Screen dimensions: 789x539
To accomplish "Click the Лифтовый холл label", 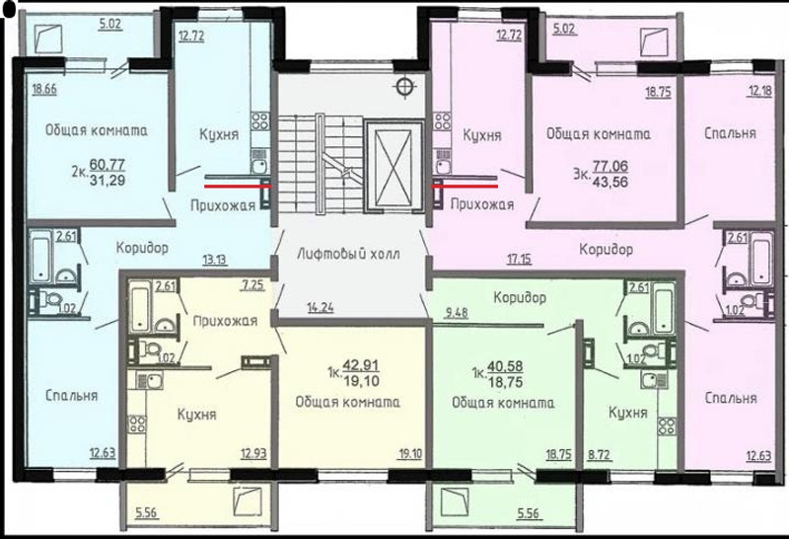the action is click(349, 254).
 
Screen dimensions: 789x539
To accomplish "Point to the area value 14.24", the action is click(320, 307).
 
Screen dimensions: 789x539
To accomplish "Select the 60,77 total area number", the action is click(108, 164).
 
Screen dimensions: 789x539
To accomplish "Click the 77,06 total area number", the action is click(610, 166).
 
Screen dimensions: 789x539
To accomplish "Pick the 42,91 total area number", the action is click(361, 365).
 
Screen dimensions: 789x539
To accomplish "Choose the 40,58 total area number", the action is click(504, 365).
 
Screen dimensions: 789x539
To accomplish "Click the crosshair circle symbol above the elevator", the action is click(404, 87).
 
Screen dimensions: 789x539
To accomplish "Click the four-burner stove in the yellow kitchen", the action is click(137, 424).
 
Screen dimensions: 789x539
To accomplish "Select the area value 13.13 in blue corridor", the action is click(214, 260).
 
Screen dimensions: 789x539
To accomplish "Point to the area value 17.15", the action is click(520, 260).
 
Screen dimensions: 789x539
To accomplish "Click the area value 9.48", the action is click(457, 313).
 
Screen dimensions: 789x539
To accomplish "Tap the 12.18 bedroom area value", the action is click(759, 92).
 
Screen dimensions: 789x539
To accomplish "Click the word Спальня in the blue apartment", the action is click(71, 396).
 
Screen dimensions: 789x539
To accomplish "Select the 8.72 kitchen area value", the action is click(600, 455).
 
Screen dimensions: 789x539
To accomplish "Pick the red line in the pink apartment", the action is click(466, 186).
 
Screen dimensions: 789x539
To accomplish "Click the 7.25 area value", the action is click(252, 285).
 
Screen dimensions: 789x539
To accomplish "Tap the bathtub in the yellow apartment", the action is click(140, 306).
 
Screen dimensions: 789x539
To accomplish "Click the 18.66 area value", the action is click(44, 90).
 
